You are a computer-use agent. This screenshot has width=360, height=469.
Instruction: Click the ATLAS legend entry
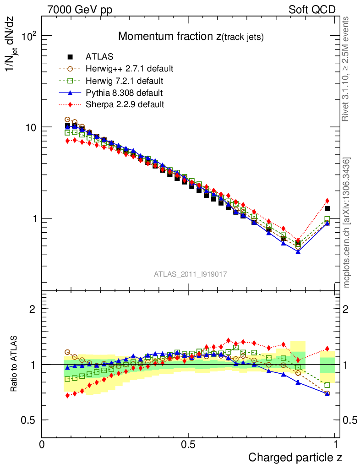99,57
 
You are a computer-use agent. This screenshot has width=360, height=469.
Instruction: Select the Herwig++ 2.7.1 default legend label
129,69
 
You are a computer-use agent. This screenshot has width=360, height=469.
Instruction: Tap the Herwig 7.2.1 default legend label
124,81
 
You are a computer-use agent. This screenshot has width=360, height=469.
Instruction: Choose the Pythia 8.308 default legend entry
124,93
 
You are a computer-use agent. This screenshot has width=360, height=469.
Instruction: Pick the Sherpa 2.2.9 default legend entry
125,104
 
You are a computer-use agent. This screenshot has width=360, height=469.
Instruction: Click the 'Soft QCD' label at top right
312,10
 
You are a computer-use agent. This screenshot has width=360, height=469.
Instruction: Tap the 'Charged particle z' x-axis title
295,457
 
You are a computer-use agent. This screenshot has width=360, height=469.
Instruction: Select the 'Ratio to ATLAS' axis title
15,364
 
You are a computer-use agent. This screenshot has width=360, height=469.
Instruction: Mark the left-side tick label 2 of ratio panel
33,309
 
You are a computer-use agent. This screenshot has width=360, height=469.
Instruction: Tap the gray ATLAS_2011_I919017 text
190,274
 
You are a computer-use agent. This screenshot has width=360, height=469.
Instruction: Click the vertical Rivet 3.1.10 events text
346,69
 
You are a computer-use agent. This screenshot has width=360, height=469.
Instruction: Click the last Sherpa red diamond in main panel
327,201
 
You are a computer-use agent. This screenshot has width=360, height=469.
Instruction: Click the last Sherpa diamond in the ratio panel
327,349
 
